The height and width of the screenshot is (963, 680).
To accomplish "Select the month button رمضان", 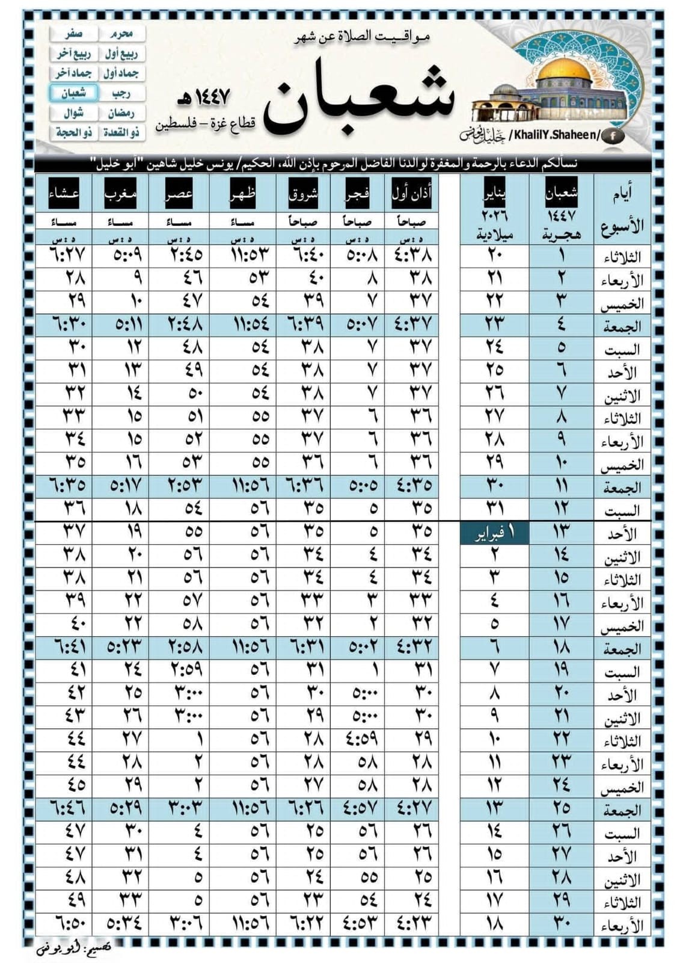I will (122, 113).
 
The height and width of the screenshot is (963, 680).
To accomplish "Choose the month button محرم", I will (122, 34).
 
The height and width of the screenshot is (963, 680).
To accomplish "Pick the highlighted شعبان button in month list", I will (74, 93).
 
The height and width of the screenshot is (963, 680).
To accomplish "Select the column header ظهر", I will (243, 193).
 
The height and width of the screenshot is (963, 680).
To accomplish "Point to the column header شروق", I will (303, 193).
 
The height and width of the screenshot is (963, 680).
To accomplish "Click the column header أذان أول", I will (412, 193).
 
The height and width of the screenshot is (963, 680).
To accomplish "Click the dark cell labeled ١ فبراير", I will (495, 533).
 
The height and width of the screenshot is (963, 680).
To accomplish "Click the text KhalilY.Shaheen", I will (554, 135).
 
